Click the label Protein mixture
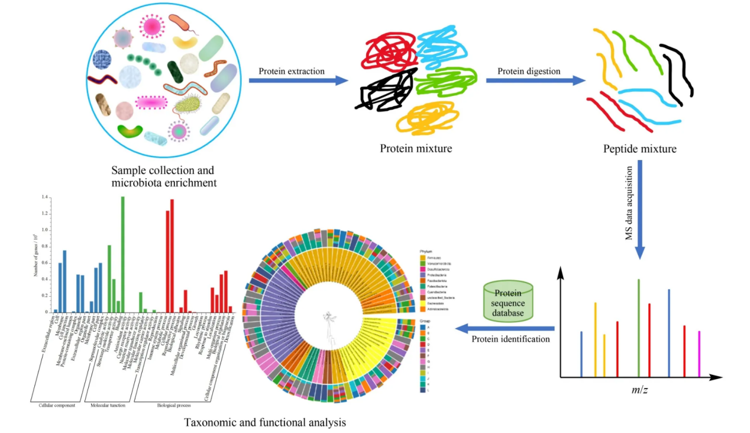pos(416,148)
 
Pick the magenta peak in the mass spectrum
pos(699,353)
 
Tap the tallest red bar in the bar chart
pos(172,255)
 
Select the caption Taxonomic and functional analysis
pos(264,423)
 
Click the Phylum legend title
pos(425,251)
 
